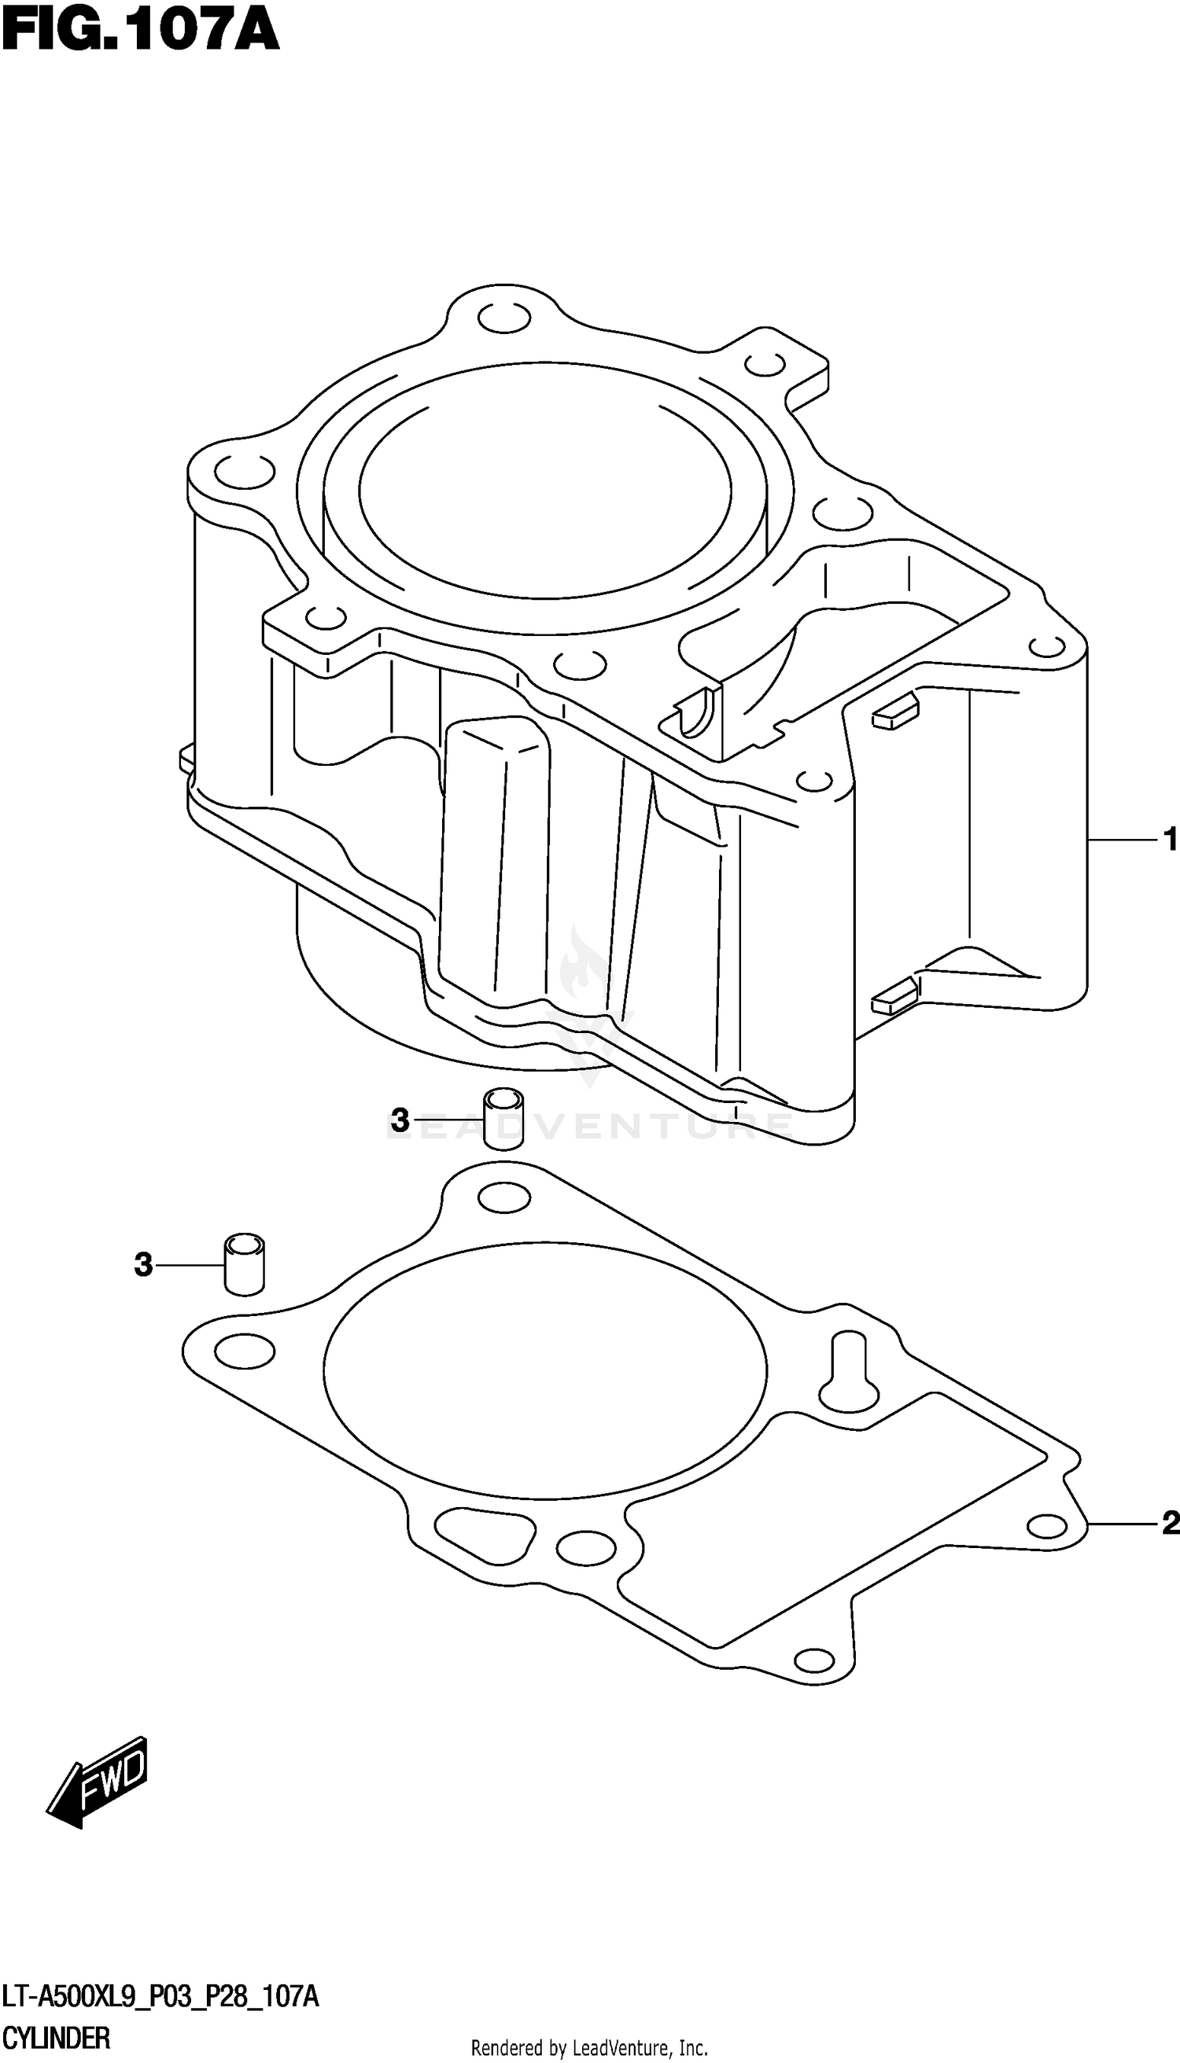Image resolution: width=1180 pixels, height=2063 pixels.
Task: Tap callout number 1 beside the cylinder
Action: (1170, 840)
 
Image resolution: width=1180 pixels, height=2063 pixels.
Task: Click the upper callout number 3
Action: (400, 1121)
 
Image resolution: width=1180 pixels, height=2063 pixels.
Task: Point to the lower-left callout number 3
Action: (143, 1264)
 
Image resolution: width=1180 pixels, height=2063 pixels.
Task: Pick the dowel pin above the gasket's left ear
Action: (244, 1263)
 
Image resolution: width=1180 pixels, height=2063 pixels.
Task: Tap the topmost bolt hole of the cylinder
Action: (504, 319)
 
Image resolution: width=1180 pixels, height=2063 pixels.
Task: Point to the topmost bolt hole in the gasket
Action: (504, 1199)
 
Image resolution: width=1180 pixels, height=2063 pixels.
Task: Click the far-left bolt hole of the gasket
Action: (244, 1350)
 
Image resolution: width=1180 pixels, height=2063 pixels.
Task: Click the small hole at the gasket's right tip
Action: (1045, 1525)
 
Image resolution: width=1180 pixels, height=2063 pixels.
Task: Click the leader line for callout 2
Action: (1123, 1524)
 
